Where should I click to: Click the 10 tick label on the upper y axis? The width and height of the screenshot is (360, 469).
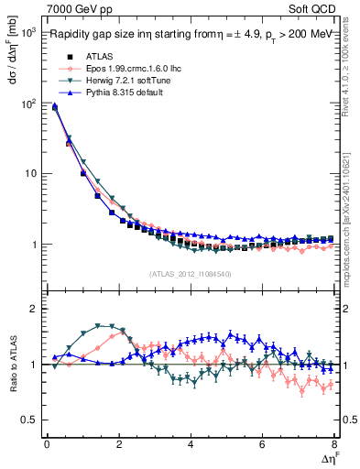(29, 174)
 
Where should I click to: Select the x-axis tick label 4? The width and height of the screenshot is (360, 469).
(191, 444)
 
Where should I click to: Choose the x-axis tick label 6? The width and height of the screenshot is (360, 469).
(262, 444)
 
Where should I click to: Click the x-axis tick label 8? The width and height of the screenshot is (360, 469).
(333, 444)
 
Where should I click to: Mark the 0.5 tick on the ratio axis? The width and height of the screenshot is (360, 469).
(29, 420)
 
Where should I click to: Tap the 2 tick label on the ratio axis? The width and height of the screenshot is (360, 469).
(34, 309)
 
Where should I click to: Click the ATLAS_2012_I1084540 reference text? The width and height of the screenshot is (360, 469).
(190, 272)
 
